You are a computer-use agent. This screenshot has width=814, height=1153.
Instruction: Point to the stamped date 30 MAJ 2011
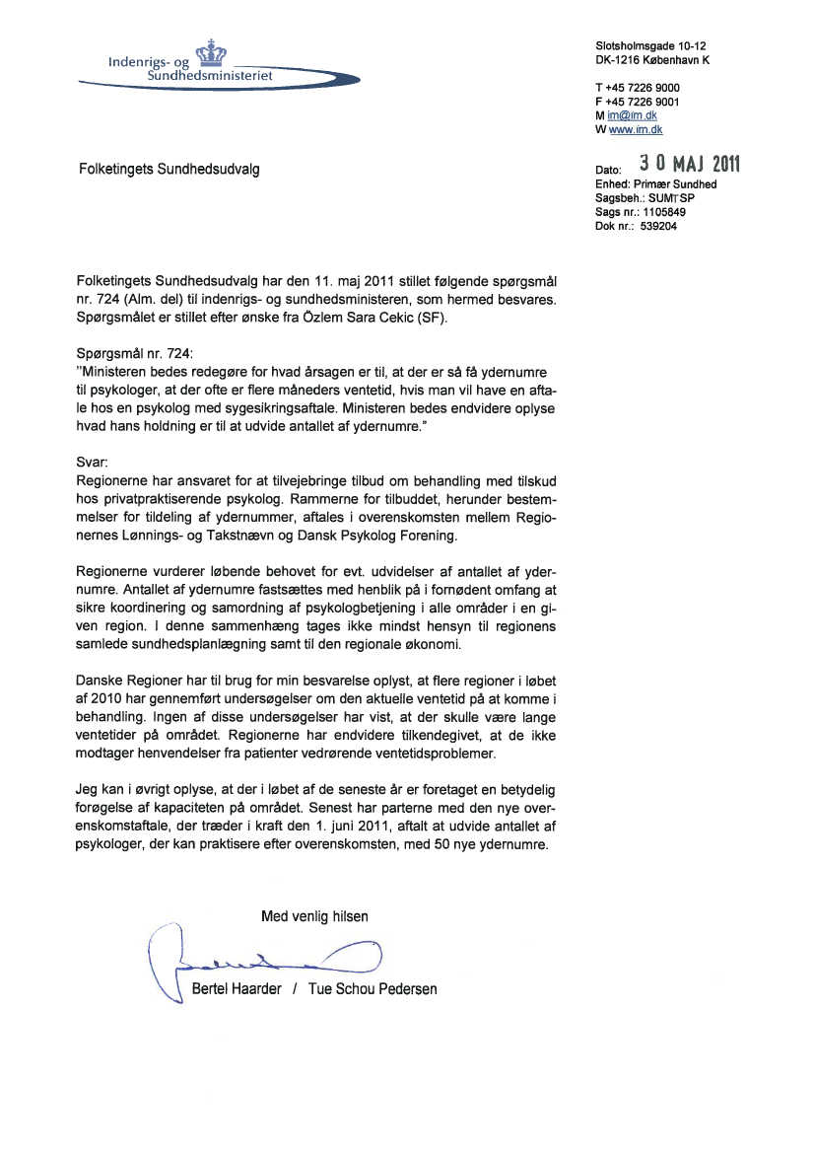click(x=690, y=163)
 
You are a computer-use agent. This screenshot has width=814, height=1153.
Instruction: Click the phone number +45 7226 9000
click(x=643, y=88)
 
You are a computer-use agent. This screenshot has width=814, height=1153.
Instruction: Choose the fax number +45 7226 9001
click(x=643, y=102)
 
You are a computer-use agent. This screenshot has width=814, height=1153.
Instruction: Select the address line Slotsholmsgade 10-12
click(x=650, y=46)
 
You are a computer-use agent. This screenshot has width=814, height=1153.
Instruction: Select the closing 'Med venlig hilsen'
click(x=314, y=916)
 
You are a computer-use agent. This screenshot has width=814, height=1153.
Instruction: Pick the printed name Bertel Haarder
click(x=237, y=989)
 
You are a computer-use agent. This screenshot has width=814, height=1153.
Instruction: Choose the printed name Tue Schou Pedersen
click(x=373, y=989)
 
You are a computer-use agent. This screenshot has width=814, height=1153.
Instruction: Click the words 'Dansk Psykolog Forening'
click(x=379, y=538)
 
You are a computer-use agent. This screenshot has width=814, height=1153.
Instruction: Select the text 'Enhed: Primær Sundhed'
click(x=655, y=184)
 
